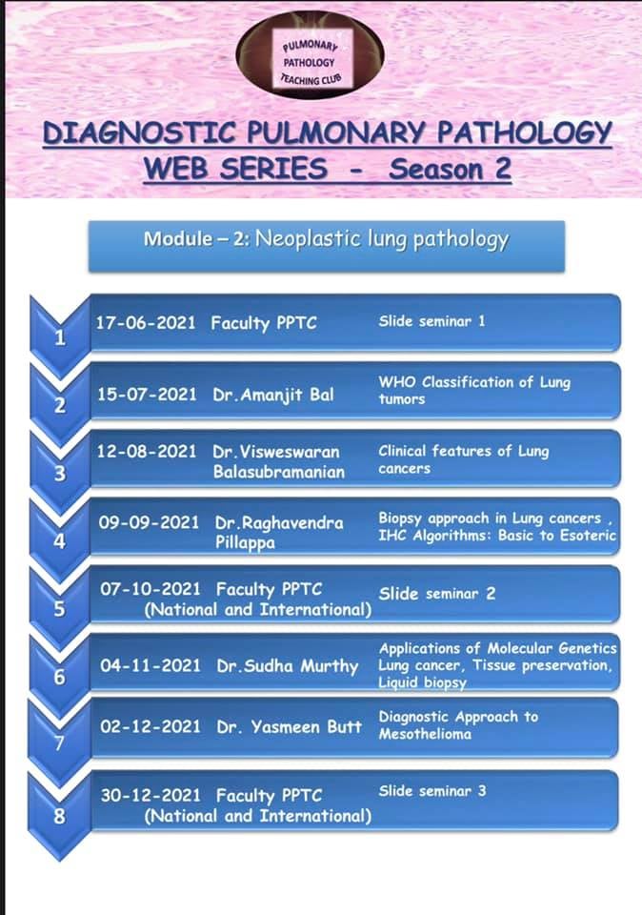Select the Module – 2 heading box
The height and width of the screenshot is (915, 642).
[326, 239]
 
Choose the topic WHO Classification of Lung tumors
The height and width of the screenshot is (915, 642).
[473, 391]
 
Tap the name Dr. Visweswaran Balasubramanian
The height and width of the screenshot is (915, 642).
[276, 460]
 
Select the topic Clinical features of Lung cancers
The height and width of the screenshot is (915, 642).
[463, 459]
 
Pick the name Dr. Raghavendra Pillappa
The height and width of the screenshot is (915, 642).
[279, 532]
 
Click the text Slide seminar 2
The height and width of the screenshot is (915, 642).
[436, 593]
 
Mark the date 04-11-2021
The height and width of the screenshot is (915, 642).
[150, 665]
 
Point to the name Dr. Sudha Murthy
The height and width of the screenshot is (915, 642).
[287, 665]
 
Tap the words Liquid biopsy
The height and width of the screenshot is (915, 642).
[422, 682]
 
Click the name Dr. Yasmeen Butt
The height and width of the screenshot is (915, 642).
[289, 726]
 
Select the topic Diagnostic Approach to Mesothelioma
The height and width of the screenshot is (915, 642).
[457, 725]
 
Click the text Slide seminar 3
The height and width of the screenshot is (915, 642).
[431, 790]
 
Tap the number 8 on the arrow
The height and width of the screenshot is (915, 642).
[59, 814]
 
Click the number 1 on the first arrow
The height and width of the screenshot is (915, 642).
[59, 338]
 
